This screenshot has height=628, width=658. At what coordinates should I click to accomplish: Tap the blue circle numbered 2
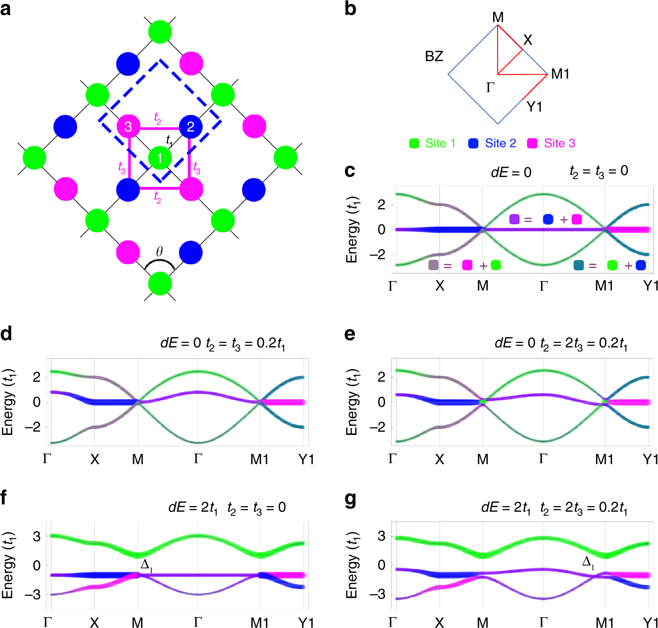[x=191, y=127]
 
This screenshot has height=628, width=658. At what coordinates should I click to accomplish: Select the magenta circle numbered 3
[x=128, y=127]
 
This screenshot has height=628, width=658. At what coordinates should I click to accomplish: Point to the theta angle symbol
[x=159, y=252]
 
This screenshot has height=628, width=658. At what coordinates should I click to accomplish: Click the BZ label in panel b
[x=434, y=57]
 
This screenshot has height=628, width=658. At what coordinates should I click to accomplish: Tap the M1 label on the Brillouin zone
[x=560, y=74]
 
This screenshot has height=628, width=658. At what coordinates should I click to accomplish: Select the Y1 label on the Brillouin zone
[x=535, y=107]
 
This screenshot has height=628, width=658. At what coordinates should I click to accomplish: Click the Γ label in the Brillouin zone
[x=490, y=88]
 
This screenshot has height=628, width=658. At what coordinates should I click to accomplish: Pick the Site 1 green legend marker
[x=414, y=143]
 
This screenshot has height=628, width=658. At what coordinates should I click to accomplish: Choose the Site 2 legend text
[x=500, y=143]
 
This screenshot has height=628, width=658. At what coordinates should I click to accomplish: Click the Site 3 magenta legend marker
[x=533, y=143]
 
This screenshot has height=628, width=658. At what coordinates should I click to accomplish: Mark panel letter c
[x=349, y=171]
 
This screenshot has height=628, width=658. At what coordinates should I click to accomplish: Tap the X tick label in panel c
[x=439, y=286]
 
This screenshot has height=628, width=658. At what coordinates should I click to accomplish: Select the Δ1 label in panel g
[x=588, y=562]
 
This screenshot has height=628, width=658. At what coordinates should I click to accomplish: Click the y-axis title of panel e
[x=352, y=402]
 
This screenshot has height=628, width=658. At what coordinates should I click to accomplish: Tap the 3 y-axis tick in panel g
[x=381, y=536]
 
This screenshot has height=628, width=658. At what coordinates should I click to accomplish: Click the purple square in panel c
[x=514, y=219]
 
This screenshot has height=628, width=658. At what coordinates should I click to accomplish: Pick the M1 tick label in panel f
[x=259, y=622]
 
